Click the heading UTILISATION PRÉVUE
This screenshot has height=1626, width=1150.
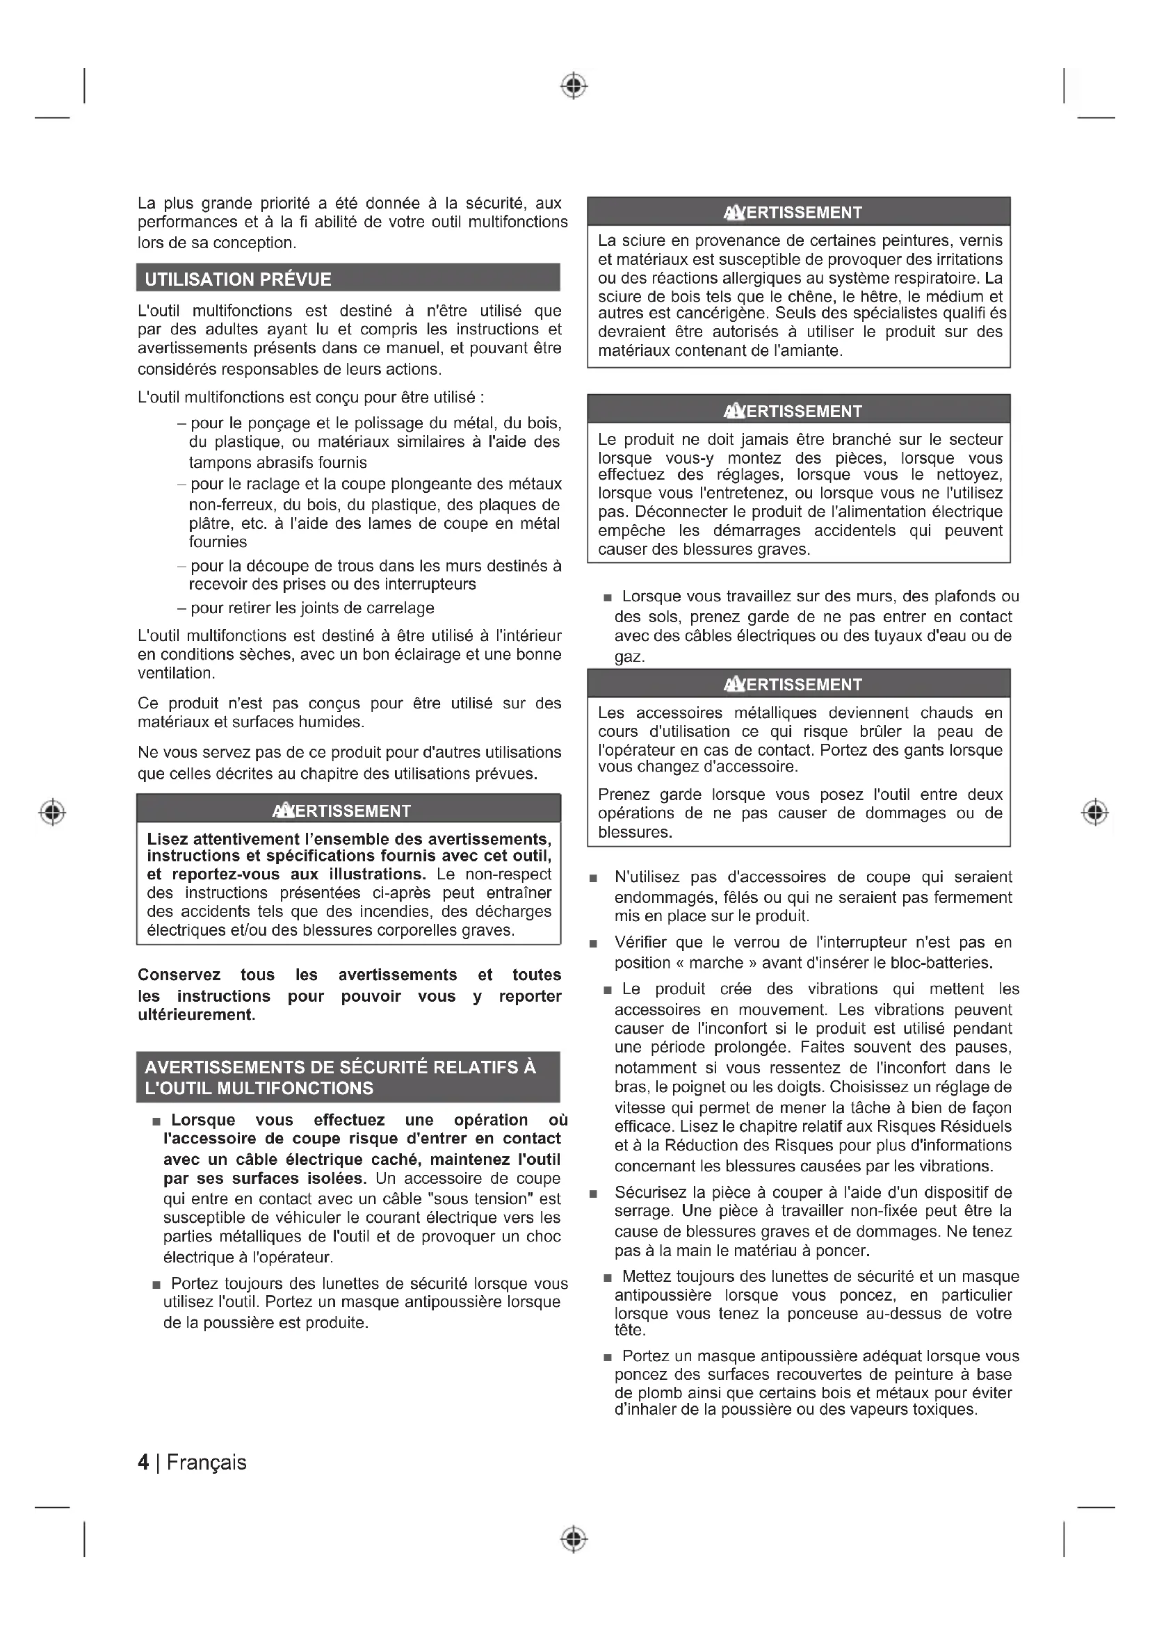coord(238,279)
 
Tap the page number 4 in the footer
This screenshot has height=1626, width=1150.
coord(144,1463)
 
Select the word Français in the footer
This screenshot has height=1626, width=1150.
coord(206,1463)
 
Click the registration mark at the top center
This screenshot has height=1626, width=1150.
coord(574,86)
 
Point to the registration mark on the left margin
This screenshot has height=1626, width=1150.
coord(52,811)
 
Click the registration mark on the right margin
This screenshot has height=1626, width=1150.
coord(1095,811)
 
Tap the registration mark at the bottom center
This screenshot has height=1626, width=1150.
coord(574,1539)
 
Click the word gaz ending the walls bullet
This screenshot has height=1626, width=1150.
coord(629,657)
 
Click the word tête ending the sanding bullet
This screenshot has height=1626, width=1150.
coord(629,1330)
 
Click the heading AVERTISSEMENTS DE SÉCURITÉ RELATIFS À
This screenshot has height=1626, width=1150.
coord(341,1067)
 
